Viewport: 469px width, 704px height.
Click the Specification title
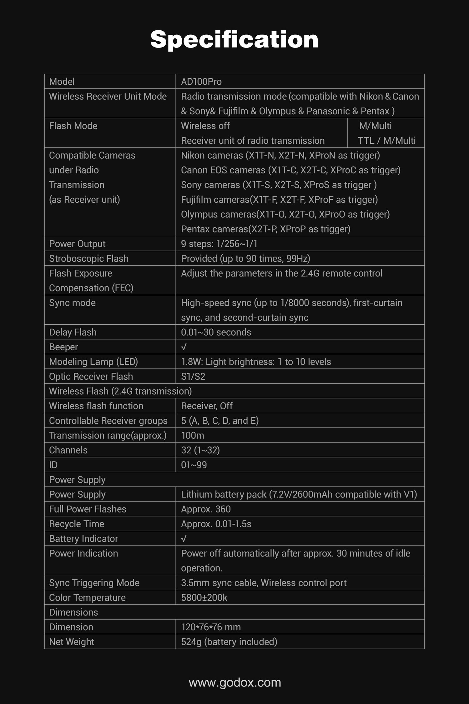click(x=234, y=39)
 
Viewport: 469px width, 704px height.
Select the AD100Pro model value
click(x=201, y=82)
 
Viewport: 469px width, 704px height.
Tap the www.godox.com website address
click(x=235, y=682)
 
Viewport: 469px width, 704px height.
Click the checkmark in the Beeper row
click(x=184, y=347)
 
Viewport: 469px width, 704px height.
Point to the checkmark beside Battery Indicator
click(x=184, y=538)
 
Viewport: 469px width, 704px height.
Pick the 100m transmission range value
click(x=193, y=435)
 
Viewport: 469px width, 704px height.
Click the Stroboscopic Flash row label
click(x=89, y=258)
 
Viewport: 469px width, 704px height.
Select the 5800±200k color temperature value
click(x=204, y=597)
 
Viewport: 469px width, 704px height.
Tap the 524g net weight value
click(x=229, y=642)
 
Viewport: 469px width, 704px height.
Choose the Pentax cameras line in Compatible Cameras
click(x=266, y=229)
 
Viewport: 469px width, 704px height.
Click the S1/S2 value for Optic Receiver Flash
click(x=193, y=376)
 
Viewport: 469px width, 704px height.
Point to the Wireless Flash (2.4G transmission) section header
click(x=120, y=391)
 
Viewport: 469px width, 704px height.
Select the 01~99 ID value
click(x=194, y=465)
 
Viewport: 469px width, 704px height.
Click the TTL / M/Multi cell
click(x=387, y=141)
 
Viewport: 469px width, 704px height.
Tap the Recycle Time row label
click(x=77, y=524)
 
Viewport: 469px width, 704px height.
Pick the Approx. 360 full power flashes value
click(x=206, y=509)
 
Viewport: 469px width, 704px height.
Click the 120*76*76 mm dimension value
click(x=211, y=627)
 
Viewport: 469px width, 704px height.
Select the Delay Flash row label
click(x=73, y=332)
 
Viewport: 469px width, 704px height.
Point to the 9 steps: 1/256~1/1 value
click(x=219, y=244)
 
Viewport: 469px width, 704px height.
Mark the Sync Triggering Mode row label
click(x=94, y=583)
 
